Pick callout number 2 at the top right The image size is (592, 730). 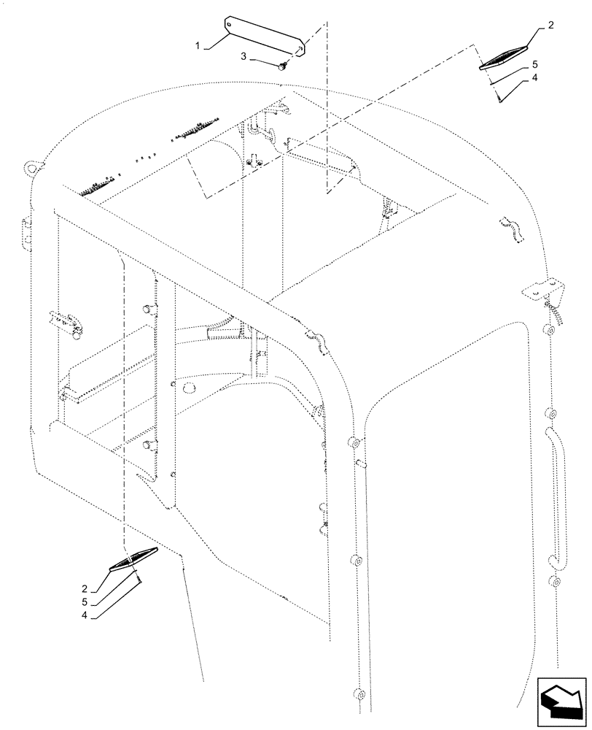[550, 25]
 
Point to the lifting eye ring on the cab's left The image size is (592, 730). [31, 167]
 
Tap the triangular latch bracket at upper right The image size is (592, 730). [540, 289]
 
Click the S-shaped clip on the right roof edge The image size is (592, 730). [515, 228]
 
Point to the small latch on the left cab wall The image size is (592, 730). [63, 323]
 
